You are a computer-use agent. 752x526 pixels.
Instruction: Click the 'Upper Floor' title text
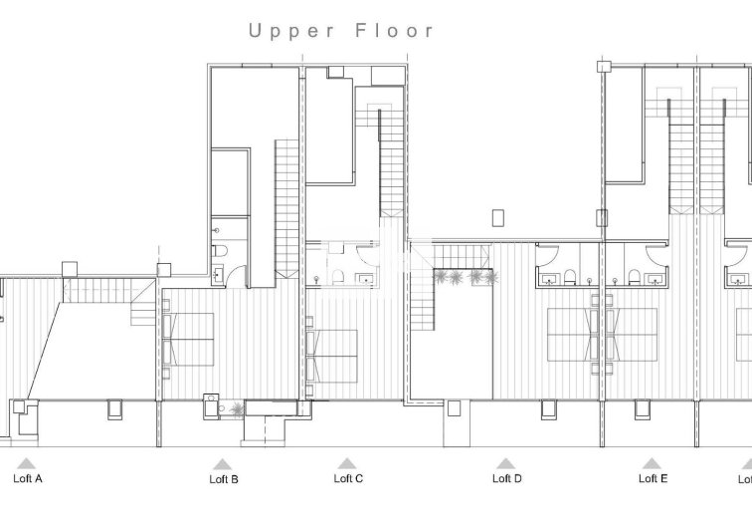[341, 31]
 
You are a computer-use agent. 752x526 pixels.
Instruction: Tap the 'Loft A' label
[28, 479]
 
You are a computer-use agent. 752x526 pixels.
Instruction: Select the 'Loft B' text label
[223, 479]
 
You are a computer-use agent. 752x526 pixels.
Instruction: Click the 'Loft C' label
[347, 478]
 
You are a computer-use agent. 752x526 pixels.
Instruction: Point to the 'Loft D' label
[506, 478]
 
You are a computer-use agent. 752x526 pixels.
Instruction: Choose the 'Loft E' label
[653, 478]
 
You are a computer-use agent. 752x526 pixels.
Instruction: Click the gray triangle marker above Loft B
[222, 463]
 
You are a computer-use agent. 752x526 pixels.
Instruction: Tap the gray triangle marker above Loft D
[505, 463]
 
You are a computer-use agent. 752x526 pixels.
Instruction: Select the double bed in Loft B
[189, 339]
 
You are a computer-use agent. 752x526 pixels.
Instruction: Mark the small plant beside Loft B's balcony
[236, 407]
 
